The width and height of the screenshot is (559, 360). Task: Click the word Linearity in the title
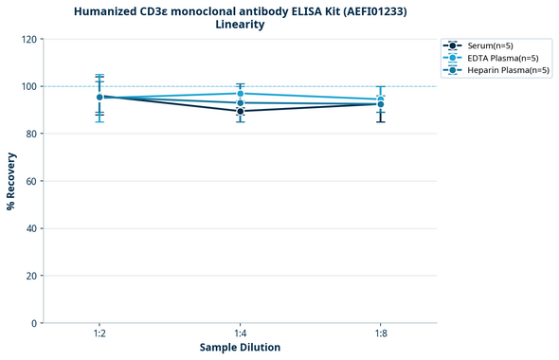(240, 25)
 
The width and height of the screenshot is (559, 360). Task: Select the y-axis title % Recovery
(11, 181)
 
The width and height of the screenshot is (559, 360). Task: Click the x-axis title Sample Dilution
(240, 348)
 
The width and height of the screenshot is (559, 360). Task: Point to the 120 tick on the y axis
(29, 39)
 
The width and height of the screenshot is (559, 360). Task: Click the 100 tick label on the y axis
(29, 86)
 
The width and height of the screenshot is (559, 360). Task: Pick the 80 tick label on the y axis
(31, 134)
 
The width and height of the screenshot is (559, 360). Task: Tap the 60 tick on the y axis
(31, 181)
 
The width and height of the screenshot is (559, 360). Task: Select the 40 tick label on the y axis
(31, 228)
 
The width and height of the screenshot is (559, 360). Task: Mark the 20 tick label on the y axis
(31, 276)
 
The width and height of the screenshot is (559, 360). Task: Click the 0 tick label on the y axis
(34, 323)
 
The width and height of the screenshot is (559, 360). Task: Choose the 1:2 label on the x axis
(99, 334)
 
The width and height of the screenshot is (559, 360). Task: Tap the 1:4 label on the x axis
(240, 334)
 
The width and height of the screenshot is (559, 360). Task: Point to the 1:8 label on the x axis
(380, 334)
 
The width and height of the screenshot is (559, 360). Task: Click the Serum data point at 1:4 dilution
(240, 111)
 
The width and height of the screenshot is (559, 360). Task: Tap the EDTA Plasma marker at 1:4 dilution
(240, 94)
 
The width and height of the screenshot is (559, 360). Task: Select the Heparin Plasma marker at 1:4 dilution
(240, 102)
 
